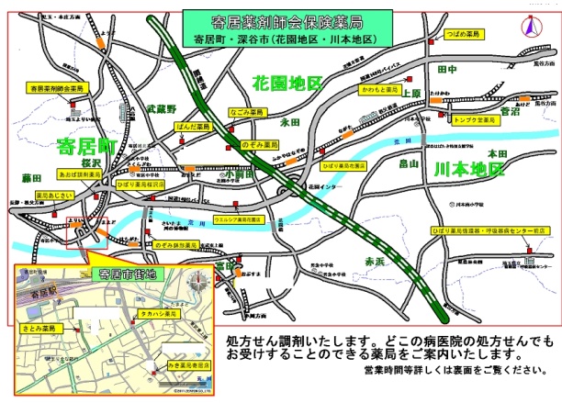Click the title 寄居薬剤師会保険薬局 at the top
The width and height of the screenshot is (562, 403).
click(x=286, y=20)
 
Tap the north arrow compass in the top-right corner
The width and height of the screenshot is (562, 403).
click(x=530, y=28)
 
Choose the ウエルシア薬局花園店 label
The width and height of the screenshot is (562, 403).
click(x=239, y=220)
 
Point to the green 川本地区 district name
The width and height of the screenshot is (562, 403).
click(x=469, y=170)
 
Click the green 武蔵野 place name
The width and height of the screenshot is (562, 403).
click(x=161, y=108)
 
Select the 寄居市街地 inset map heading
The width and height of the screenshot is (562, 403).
click(x=129, y=274)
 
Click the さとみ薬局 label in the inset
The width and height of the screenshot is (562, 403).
click(x=39, y=328)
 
